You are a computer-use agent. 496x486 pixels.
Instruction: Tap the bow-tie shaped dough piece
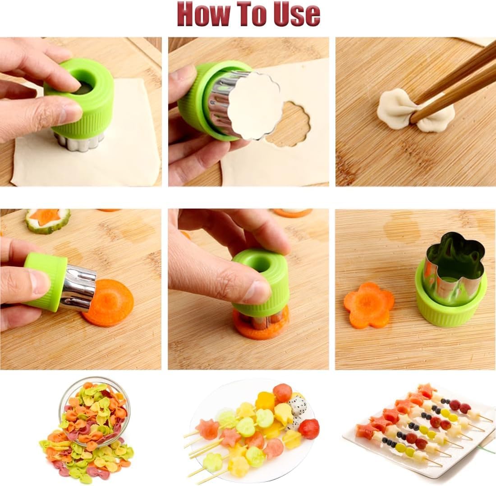point(415,110)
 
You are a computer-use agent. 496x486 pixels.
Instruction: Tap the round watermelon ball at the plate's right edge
point(309,428)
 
